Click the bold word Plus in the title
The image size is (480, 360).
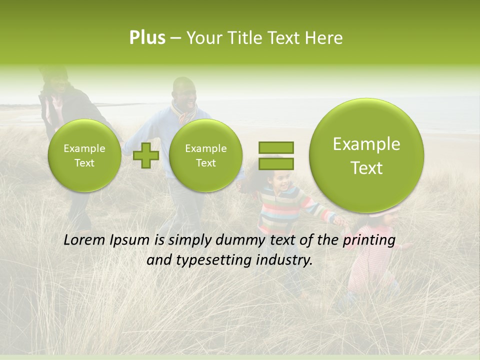[x=147, y=38]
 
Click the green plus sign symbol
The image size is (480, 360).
[x=146, y=155]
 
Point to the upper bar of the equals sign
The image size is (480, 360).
[x=276, y=147]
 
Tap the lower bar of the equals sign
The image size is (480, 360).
[x=276, y=163]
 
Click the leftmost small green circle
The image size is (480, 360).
[x=84, y=155]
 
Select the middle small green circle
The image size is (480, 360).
[x=205, y=155]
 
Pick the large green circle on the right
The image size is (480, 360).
[x=366, y=155]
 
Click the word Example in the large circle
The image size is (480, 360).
[x=366, y=144]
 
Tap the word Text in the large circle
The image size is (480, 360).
[x=366, y=168]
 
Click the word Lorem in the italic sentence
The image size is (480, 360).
[x=85, y=240]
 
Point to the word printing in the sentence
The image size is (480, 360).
[x=369, y=240]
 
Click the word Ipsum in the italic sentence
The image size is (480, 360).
[x=131, y=240]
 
